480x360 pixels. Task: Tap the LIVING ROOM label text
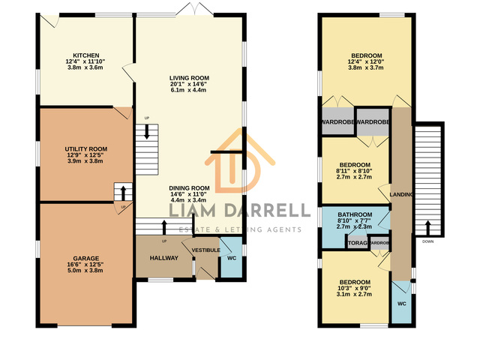click(x=188, y=77)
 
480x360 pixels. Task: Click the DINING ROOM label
click(x=188, y=188)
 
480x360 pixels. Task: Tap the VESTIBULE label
click(x=205, y=249)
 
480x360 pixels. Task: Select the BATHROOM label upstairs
click(x=355, y=213)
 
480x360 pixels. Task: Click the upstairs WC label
click(x=401, y=304)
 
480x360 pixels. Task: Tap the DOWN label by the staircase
click(x=427, y=241)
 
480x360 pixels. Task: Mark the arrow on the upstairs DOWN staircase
click(x=427, y=225)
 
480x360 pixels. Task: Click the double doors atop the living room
click(x=191, y=11)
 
